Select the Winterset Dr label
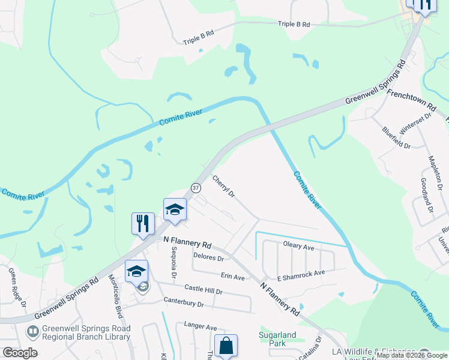pos(416,124)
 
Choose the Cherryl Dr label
pos(223,187)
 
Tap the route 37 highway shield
pos(196,188)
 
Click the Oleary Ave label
pos(298,247)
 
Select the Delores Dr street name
pos(208,259)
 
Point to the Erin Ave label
pos(233,277)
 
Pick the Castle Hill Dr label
pos(203,290)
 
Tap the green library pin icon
pos(32,331)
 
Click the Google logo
pos(20,352)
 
